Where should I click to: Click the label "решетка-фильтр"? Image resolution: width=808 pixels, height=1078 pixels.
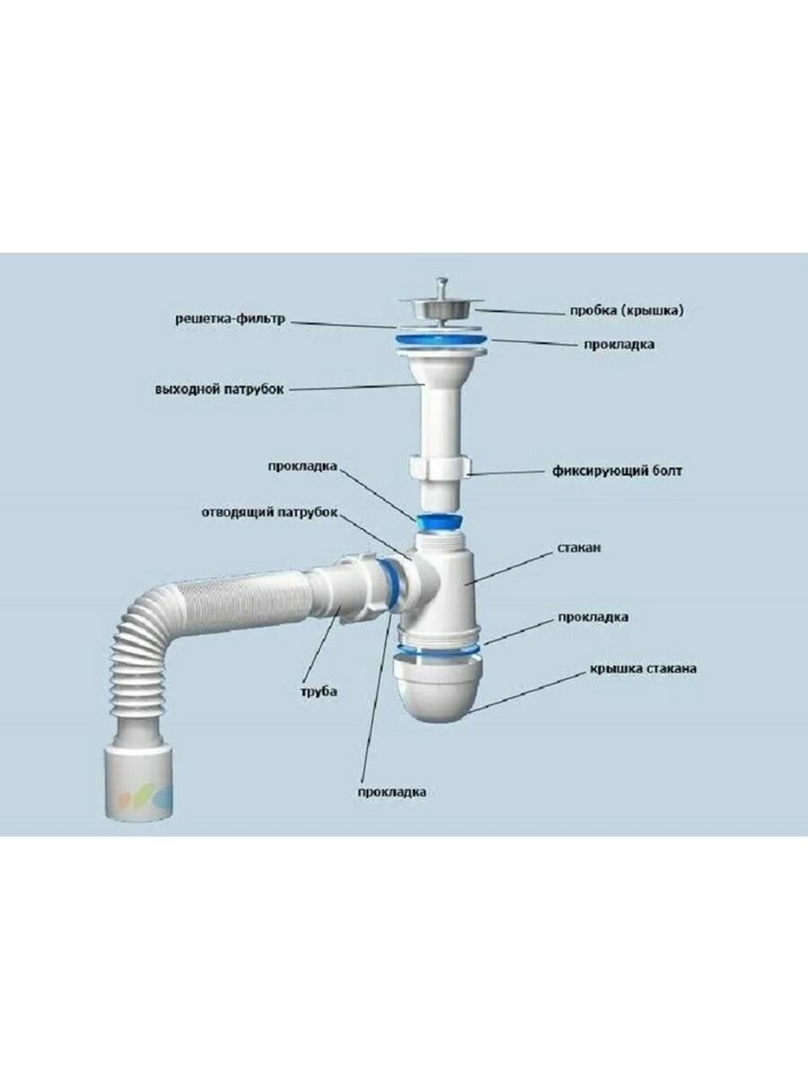click(229, 318)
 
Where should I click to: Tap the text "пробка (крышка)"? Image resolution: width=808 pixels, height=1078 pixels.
click(626, 311)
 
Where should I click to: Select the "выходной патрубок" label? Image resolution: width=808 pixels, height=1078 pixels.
click(218, 389)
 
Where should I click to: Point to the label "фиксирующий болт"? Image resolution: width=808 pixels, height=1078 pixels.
click(615, 470)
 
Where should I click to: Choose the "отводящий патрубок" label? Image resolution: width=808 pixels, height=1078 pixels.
click(268, 512)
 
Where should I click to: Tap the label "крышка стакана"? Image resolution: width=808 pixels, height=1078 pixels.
click(644, 668)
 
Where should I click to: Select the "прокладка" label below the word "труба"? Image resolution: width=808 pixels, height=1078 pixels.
click(391, 791)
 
